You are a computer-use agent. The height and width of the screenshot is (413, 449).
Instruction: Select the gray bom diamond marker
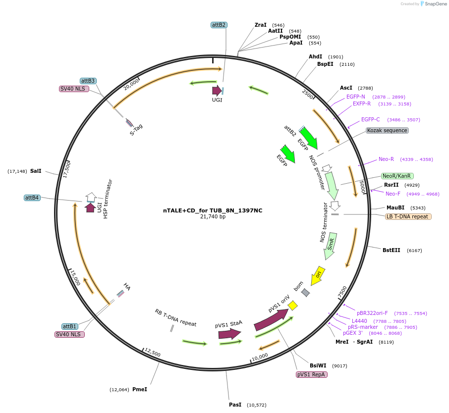pos(306,293)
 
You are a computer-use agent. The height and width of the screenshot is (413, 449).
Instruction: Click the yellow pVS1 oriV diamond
pos(293,306)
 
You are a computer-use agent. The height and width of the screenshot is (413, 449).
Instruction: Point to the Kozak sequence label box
pos(387,130)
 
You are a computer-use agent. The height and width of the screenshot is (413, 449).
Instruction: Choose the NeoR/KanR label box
pos(397,176)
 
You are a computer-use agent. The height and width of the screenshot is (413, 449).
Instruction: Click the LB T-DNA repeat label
pos(408,216)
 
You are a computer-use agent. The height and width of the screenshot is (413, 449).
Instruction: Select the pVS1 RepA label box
pos(311,374)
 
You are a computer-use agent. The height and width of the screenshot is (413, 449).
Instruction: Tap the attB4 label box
pos(32,198)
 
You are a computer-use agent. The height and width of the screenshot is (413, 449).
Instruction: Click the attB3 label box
pos(88,81)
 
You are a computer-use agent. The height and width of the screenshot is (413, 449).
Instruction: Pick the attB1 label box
pos(70,326)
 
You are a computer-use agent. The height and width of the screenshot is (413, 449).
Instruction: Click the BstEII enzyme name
pos(392,250)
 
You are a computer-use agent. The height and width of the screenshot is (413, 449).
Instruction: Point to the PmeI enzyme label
pos(140,389)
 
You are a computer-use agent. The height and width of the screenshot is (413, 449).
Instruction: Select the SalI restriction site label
pos(36,171)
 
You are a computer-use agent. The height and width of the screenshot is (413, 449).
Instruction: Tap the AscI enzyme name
pos(346,88)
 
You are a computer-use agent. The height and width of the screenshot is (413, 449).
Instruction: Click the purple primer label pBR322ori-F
pos(372,313)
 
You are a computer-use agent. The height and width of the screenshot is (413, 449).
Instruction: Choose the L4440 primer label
pos(359,321)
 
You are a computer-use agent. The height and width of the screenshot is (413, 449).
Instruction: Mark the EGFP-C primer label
pos(370,119)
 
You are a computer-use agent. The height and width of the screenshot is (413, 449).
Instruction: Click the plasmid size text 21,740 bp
pos(213,216)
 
